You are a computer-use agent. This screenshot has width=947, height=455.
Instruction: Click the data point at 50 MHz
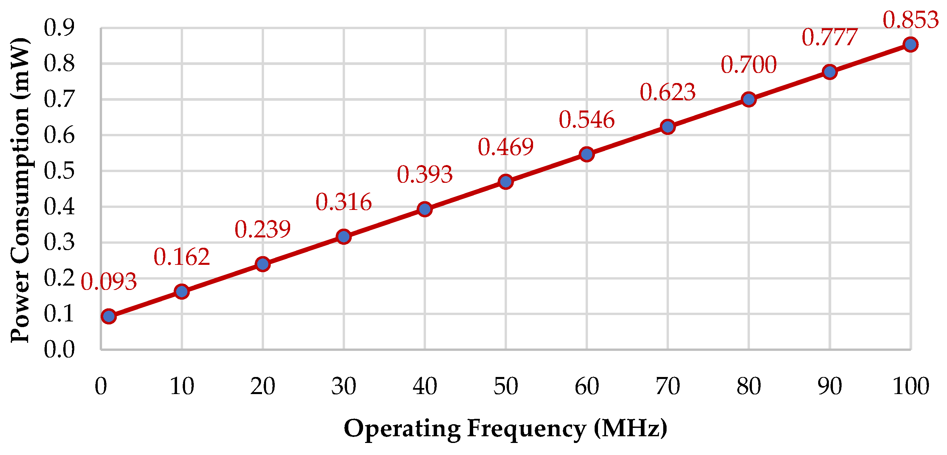click(x=506, y=182)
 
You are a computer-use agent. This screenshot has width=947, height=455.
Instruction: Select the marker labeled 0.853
click(x=910, y=45)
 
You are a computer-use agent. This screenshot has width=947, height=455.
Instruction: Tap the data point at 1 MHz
click(x=109, y=316)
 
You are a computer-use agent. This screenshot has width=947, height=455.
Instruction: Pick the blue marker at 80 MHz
click(x=749, y=99)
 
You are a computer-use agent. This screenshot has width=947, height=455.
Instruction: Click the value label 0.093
click(x=109, y=282)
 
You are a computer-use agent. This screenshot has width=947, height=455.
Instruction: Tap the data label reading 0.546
click(x=586, y=120)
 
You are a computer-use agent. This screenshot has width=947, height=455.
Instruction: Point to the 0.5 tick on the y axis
click(x=59, y=171)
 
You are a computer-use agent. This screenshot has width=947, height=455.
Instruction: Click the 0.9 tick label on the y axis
click(x=59, y=27)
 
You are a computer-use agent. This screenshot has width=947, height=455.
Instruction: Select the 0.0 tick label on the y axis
click(x=59, y=350)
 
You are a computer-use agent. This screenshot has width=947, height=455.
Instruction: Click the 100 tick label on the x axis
click(x=911, y=387)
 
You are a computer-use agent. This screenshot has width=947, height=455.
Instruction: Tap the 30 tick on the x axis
click(x=343, y=387)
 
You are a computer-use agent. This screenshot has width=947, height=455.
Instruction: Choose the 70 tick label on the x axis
click(x=667, y=387)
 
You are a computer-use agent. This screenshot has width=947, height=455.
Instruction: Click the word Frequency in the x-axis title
click(x=526, y=429)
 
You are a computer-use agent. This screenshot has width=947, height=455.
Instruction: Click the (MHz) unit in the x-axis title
click(x=630, y=429)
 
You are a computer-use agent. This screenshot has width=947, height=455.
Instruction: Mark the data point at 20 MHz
click(x=262, y=264)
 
